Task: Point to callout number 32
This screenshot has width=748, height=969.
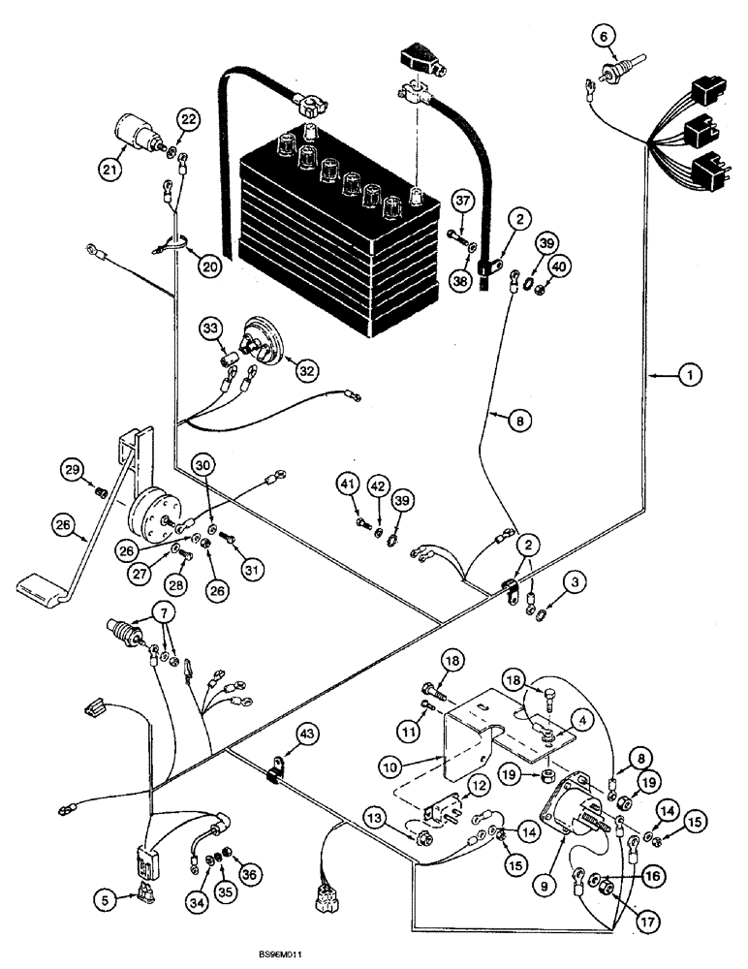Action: (x=306, y=369)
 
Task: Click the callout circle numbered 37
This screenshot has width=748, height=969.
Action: (x=462, y=202)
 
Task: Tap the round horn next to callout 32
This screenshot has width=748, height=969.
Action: (x=265, y=341)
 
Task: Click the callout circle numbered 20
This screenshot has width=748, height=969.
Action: (x=208, y=265)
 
